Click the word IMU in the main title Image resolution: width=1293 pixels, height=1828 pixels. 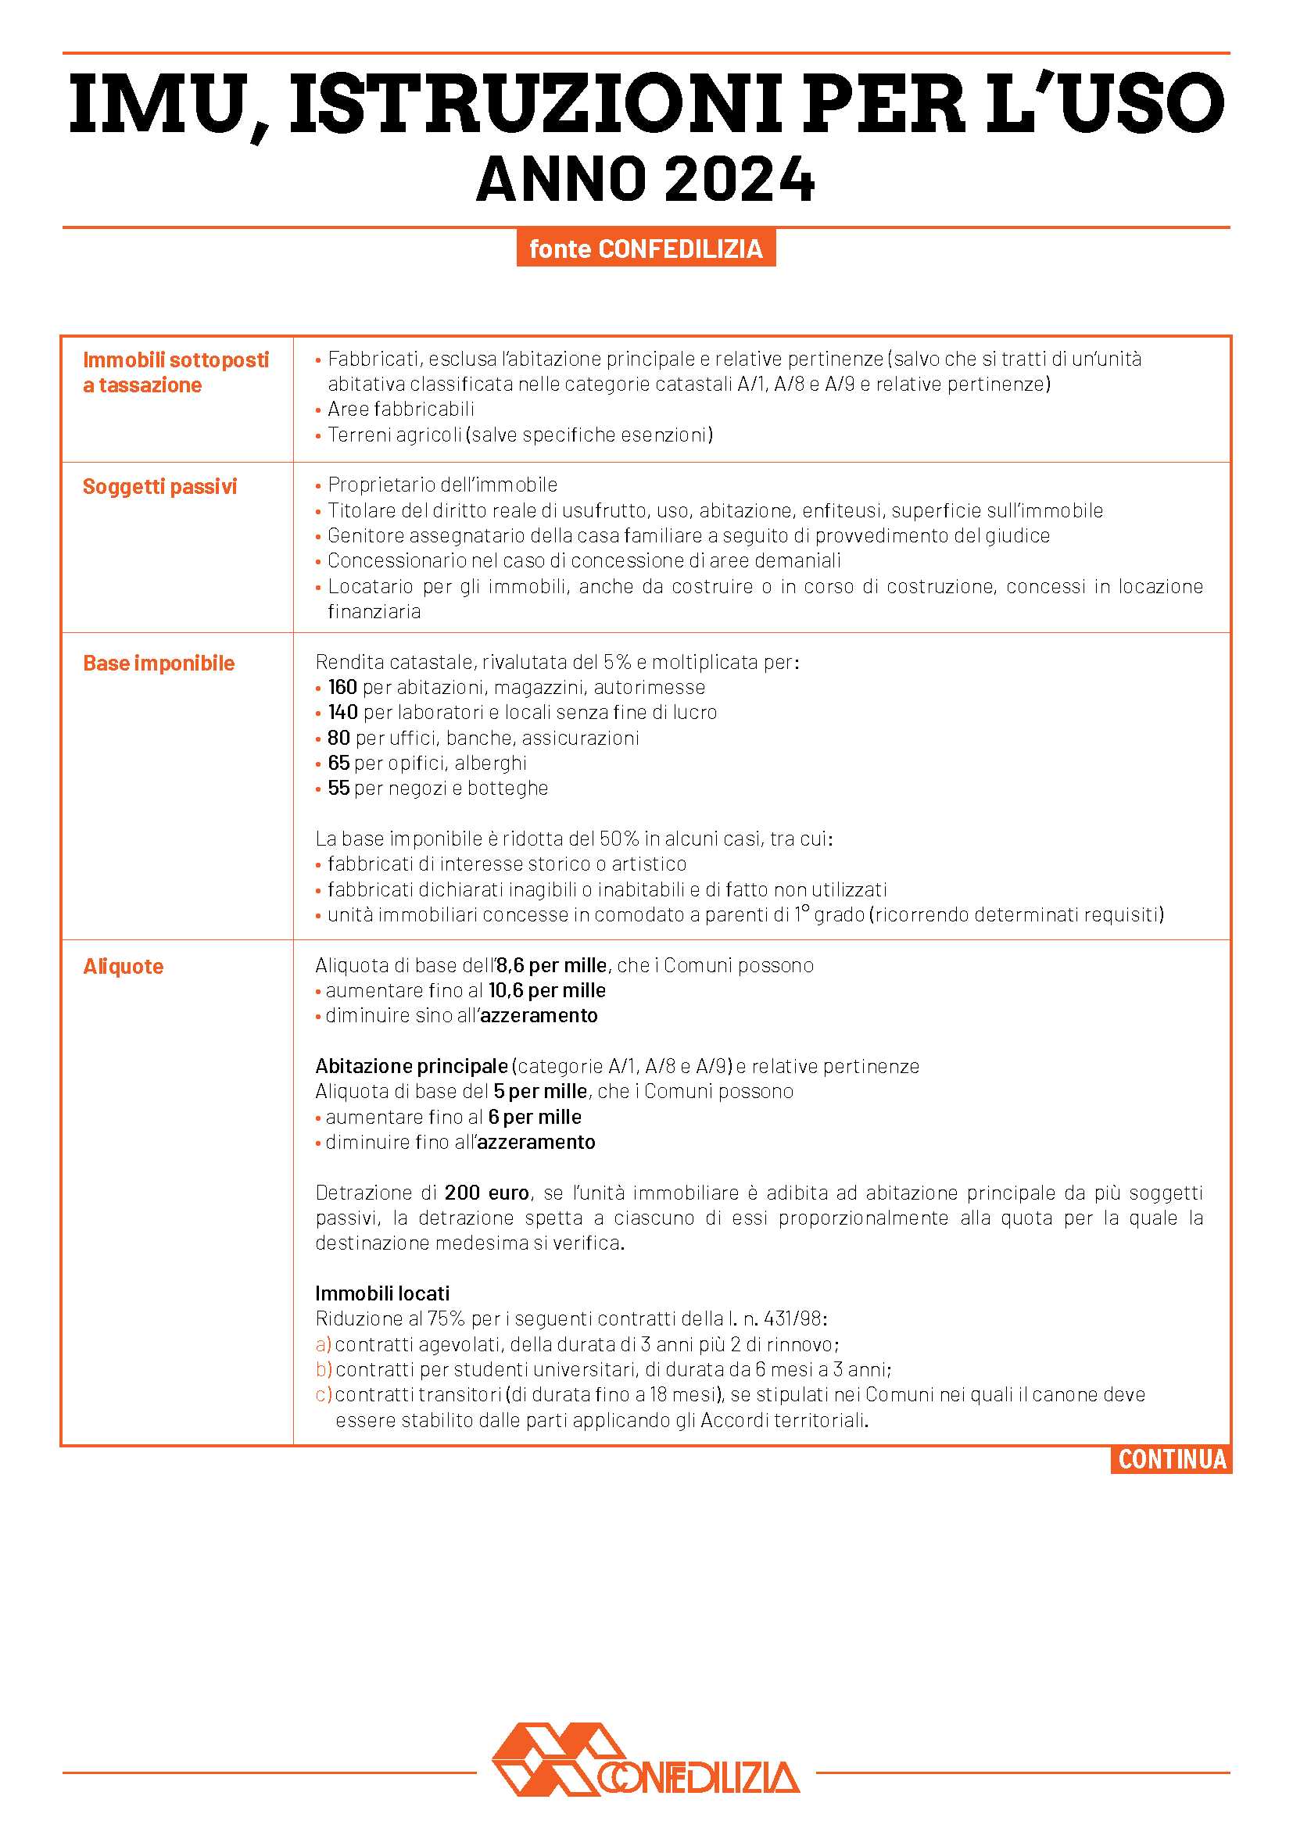pyautogui.click(x=156, y=104)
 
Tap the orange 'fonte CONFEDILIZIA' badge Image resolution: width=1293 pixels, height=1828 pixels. pyautogui.click(x=646, y=249)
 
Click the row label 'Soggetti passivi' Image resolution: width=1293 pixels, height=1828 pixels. pyautogui.click(x=160, y=486)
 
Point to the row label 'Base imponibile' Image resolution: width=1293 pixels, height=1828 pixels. pyautogui.click(x=159, y=664)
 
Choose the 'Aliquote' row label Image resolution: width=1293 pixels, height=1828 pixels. pyautogui.click(x=124, y=967)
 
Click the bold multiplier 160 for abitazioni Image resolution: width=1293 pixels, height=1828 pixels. pyautogui.click(x=342, y=687)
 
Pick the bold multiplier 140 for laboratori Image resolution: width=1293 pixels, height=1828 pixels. pyautogui.click(x=342, y=713)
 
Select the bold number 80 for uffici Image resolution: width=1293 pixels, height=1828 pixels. pyautogui.click(x=338, y=738)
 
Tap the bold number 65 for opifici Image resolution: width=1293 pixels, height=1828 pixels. pyautogui.click(x=338, y=763)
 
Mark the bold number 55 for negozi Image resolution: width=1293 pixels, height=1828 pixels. pyautogui.click(x=338, y=789)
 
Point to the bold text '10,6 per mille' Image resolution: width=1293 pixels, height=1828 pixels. pyautogui.click(x=547, y=990)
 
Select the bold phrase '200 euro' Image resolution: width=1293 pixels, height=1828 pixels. pyautogui.click(x=486, y=1193)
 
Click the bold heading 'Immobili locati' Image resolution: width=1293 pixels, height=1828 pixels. pyautogui.click(x=382, y=1293)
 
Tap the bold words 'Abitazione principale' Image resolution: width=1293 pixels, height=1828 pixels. pyautogui.click(x=412, y=1066)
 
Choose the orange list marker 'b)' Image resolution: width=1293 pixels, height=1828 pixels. pyautogui.click(x=324, y=1369)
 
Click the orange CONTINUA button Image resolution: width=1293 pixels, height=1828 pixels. pyautogui.click(x=1171, y=1459)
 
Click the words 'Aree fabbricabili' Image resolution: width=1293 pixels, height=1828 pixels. pyautogui.click(x=400, y=410)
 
